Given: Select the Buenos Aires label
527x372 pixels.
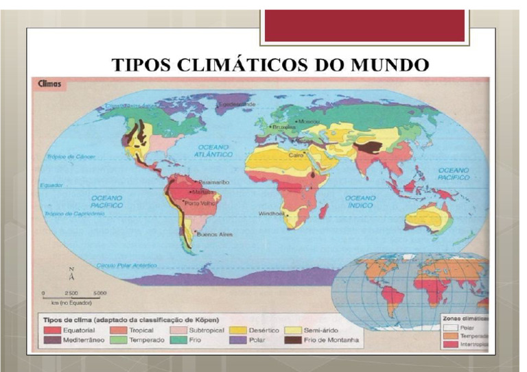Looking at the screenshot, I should (x=209, y=234).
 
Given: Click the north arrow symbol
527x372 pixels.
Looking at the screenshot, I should (x=71, y=275).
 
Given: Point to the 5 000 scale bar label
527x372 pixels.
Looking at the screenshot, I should (x=99, y=293).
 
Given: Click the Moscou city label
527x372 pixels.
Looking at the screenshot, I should (x=305, y=120).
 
